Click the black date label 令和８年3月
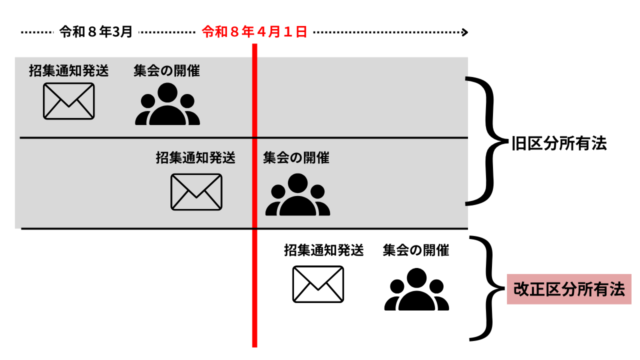click(x=96, y=32)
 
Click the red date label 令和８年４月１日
click(x=254, y=32)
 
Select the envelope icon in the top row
click(x=68, y=101)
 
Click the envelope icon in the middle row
click(x=196, y=192)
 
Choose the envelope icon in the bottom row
click(x=318, y=284)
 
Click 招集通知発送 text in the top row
click(x=68, y=71)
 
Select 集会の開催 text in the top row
click(x=166, y=71)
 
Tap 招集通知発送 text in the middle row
click(x=195, y=158)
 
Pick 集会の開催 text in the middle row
click(x=296, y=158)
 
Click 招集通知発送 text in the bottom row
click(x=323, y=250)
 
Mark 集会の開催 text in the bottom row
click(x=416, y=250)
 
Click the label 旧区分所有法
click(x=558, y=143)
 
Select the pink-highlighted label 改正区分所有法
click(x=569, y=289)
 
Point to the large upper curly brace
click(x=487, y=141)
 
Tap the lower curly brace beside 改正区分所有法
click(x=488, y=289)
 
